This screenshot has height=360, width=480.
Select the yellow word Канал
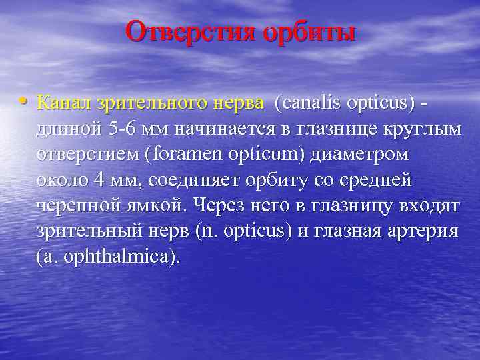coord(65,103)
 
